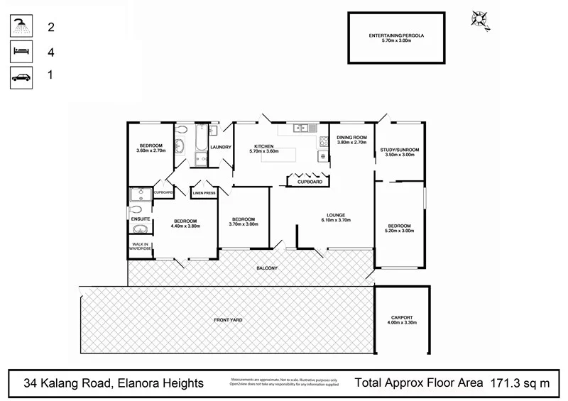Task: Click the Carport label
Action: tap(401, 317)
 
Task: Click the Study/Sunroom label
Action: tap(400, 150)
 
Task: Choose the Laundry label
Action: tap(222, 147)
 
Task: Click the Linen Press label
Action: tap(204, 192)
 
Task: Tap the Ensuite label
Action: tap(140, 219)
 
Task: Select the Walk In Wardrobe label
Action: tap(140, 246)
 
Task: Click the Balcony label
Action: tap(267, 268)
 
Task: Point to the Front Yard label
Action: tap(228, 320)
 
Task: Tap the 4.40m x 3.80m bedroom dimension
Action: tap(186, 226)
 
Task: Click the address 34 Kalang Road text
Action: tap(114, 383)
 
